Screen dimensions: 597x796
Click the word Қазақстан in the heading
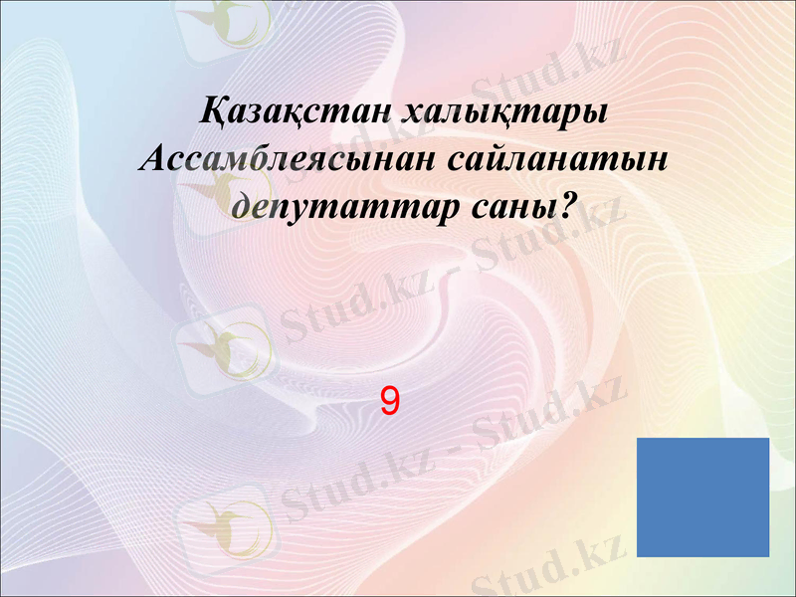(294, 110)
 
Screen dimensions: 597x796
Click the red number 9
(390, 402)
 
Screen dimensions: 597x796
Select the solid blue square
(702, 497)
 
